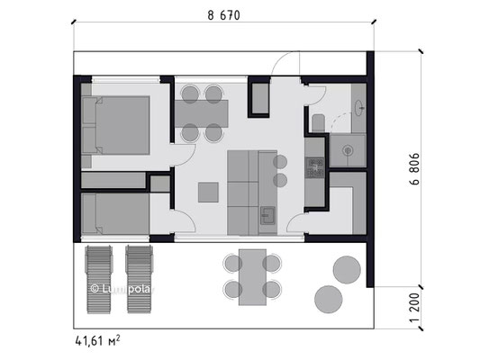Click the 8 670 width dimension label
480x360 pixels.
[x=223, y=15]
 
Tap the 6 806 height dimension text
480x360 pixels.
[x=415, y=169]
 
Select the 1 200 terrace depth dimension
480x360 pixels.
[x=415, y=308]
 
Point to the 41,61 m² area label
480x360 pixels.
[x=97, y=340]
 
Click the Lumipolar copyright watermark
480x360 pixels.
[x=122, y=289]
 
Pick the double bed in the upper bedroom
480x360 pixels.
[x=115, y=125]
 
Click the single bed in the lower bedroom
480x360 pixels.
[x=115, y=214]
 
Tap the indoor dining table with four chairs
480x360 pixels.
[x=202, y=113]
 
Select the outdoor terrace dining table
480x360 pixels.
[x=252, y=277]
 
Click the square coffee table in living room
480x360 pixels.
[x=208, y=193]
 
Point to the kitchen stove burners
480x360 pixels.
[x=315, y=167]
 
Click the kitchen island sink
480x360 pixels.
[x=267, y=216]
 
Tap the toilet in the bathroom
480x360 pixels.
[x=319, y=123]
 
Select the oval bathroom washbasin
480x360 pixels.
[x=358, y=108]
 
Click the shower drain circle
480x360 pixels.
[x=348, y=150]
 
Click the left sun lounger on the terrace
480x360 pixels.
[x=98, y=279]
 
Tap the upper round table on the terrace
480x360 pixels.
[x=347, y=270]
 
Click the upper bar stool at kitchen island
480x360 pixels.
[x=280, y=162]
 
